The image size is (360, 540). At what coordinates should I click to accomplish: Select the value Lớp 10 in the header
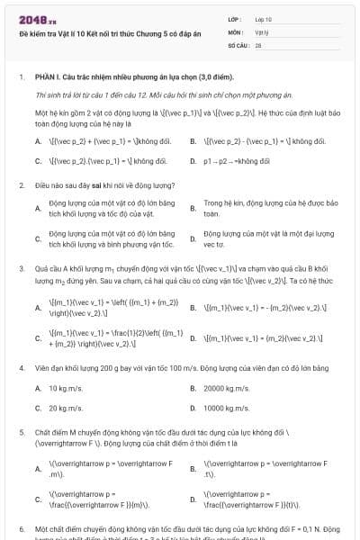(x=264, y=19)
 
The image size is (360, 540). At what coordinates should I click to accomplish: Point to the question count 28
(x=258, y=43)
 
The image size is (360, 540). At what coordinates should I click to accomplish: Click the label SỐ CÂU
(x=238, y=43)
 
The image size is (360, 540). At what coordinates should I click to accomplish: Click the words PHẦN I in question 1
(x=48, y=77)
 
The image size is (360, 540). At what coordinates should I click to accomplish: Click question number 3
(x=22, y=268)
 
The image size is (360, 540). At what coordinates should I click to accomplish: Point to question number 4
(x=22, y=368)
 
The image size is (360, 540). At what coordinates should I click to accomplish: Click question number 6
(x=22, y=528)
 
